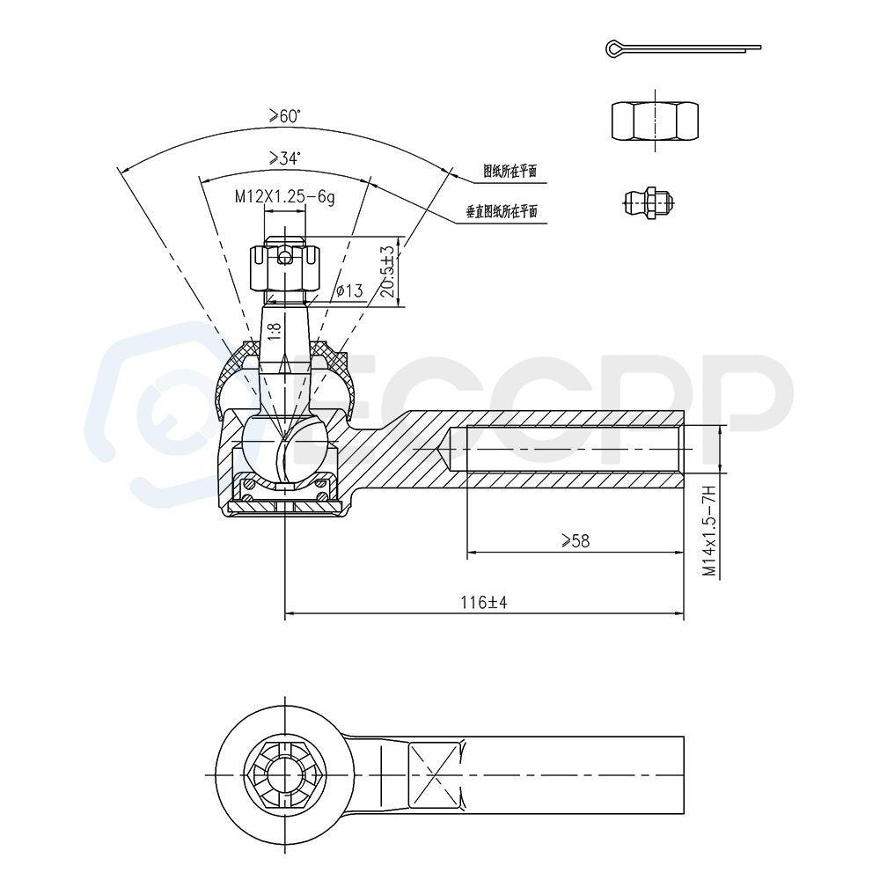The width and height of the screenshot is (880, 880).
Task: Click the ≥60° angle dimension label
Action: point(284,116)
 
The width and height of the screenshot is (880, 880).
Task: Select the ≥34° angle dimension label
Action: point(284,158)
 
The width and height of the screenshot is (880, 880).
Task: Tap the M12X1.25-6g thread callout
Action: point(284,197)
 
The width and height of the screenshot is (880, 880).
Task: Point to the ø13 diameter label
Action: point(349,290)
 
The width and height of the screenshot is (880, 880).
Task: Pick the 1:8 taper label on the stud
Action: point(274,331)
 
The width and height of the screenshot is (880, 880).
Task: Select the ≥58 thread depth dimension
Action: point(576,540)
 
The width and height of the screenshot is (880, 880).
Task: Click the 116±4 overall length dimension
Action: point(484,603)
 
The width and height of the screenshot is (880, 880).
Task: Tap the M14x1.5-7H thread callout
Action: point(709,531)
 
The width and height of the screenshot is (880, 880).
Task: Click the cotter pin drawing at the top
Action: point(683,48)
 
